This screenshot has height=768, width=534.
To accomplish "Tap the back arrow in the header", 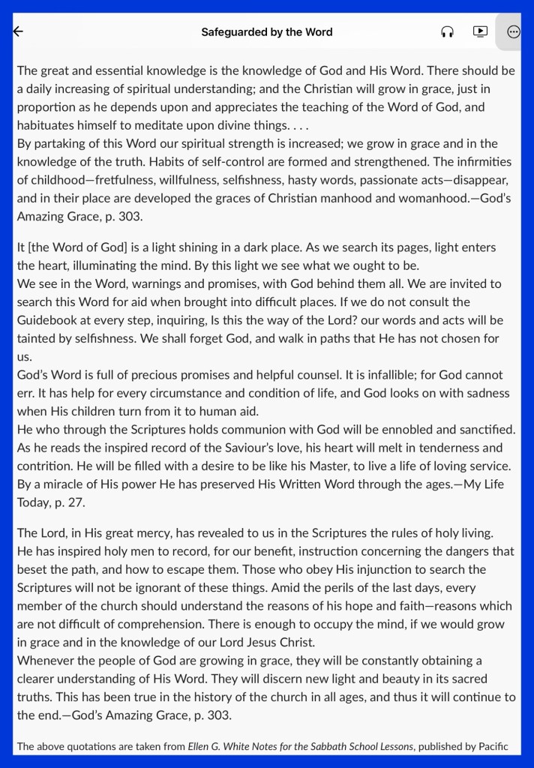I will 19,31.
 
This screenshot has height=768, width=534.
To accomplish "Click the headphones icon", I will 448,31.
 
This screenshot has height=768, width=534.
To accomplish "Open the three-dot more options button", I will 514,31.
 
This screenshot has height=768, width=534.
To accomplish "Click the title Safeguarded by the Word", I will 266,32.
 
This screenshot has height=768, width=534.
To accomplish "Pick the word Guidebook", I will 47,319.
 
